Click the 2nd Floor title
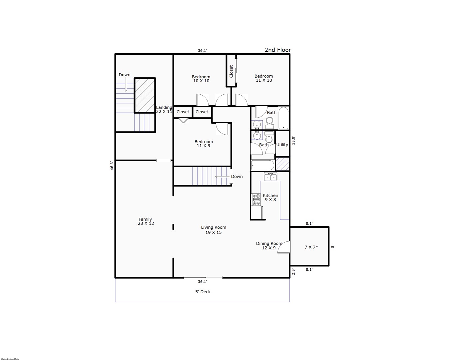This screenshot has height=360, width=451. pos(278,50)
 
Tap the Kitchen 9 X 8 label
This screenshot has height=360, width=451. pos(270,197)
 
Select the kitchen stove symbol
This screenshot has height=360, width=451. pos(256,200)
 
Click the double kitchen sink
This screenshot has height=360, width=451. pos(270,176)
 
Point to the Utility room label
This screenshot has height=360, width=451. pos(282,145)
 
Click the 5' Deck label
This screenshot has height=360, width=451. pos(203,292)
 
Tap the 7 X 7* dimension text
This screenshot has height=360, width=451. pos(311,247)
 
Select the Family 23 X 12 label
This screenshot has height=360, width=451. pos(146,221)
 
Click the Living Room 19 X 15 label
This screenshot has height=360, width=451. pos(214,230)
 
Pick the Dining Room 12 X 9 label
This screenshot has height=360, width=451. pos(269,245)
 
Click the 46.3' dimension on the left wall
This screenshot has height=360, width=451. pos(112,166)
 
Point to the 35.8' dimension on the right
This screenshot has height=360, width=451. pos(293,141)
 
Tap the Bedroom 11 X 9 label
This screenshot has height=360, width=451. pos(204,143)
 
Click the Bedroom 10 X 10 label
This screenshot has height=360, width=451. pos(201,79)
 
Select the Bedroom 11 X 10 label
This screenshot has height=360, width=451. pos(264,78)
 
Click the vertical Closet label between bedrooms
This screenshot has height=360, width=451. pos(231,71)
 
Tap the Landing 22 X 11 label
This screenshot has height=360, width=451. pos(164,109)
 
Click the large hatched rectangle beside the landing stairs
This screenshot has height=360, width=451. pos(145,95)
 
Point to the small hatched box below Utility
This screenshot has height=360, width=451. pos(282,164)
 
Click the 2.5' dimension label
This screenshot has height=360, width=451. pos(293,272)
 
